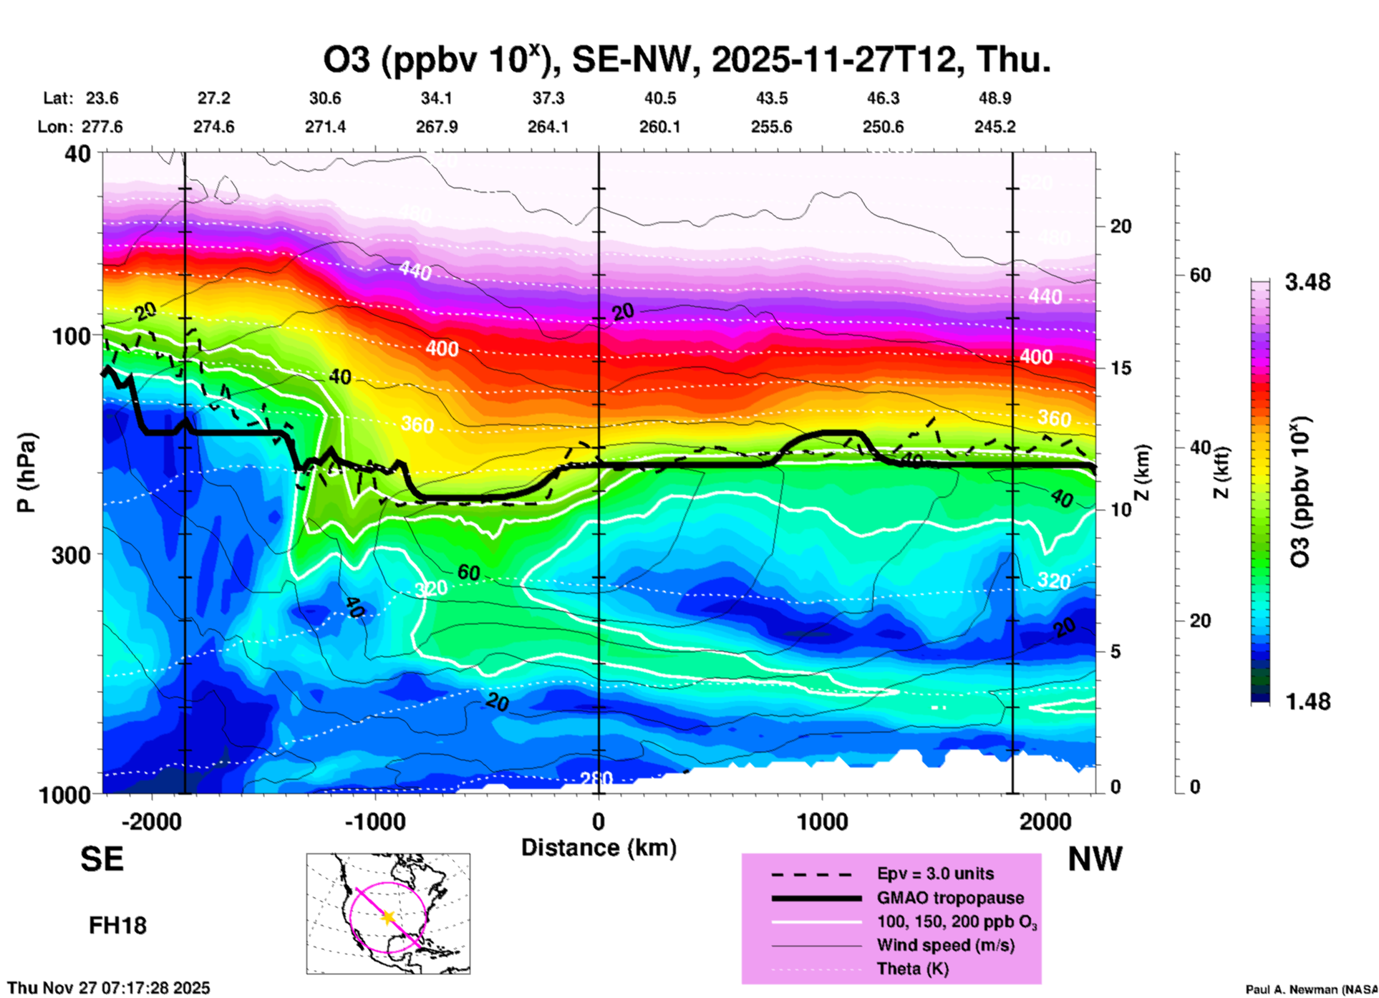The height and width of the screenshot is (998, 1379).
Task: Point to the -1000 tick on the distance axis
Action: click(x=374, y=821)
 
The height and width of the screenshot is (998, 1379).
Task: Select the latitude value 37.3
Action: click(x=548, y=98)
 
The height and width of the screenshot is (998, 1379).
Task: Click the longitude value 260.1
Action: click(x=659, y=127)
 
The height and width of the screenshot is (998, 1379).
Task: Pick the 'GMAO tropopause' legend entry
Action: click(x=950, y=898)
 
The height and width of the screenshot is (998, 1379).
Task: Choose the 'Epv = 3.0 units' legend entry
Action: click(x=935, y=873)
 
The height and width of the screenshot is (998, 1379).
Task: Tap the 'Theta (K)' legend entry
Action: click(x=912, y=969)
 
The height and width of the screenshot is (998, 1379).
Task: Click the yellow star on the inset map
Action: click(x=388, y=917)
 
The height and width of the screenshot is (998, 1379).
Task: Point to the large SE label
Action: click(x=102, y=859)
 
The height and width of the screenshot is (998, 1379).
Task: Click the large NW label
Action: click(x=1095, y=859)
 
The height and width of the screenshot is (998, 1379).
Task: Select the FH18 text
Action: click(x=117, y=926)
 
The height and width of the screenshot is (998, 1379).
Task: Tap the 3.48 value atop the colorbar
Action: click(x=1307, y=283)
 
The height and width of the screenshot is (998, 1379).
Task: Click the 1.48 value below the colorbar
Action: click(x=1307, y=702)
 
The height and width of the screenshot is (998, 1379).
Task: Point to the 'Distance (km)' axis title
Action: click(x=599, y=848)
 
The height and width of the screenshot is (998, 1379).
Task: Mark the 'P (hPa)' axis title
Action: click(x=26, y=472)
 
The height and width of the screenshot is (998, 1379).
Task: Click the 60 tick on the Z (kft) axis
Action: click(x=1200, y=275)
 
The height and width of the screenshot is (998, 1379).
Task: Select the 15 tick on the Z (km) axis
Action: click(x=1121, y=368)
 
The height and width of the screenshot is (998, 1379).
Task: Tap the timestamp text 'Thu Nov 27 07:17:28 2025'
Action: click(x=109, y=988)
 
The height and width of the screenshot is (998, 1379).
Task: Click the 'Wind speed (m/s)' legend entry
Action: click(x=945, y=946)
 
